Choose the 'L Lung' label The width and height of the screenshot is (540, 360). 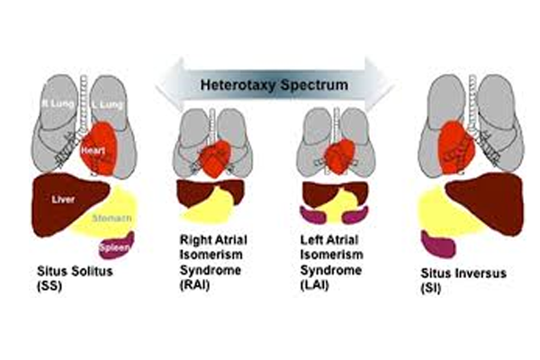click(103, 106)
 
